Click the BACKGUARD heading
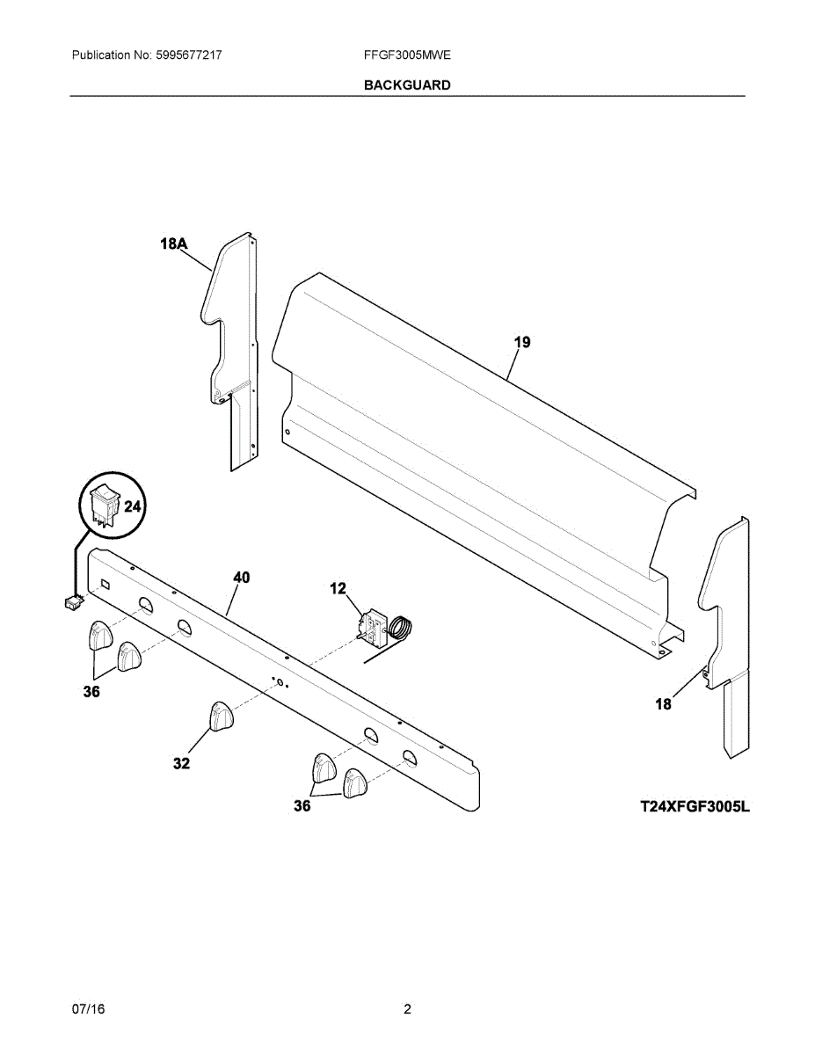point(407,85)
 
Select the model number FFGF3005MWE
point(407,55)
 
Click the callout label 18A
point(174,244)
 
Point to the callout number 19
point(522,342)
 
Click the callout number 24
point(132,506)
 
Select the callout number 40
point(241,578)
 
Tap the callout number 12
point(338,588)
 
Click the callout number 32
point(181,764)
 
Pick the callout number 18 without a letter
point(663,703)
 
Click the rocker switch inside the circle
point(105,504)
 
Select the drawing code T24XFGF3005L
point(695,805)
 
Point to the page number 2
point(407,1009)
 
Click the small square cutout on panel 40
point(106,584)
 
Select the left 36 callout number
point(91,692)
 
